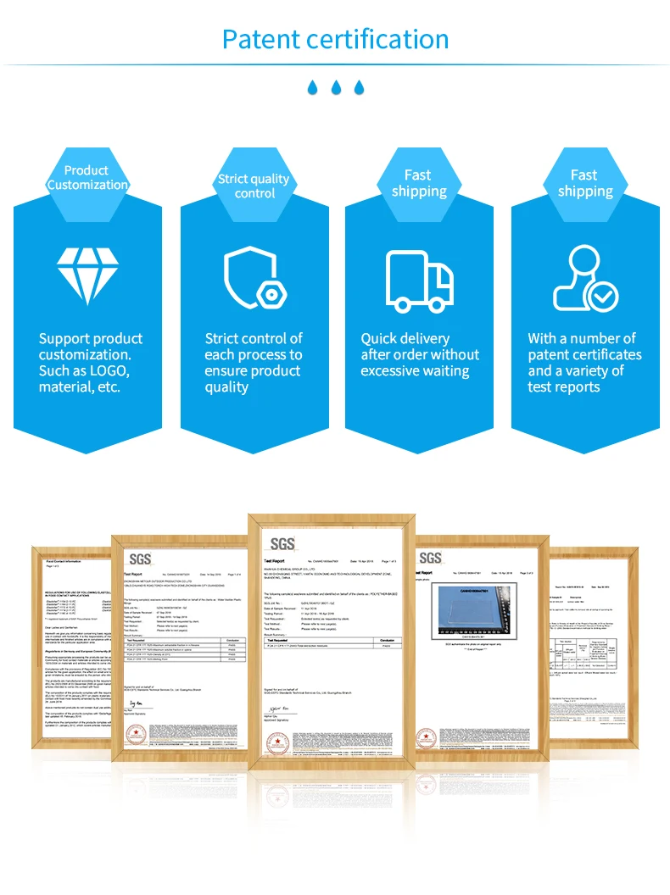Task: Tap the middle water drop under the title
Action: (336, 86)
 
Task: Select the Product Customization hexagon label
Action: (87, 178)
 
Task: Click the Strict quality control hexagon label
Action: (254, 186)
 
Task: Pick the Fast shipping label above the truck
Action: (418, 183)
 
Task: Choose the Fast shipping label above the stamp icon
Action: (584, 183)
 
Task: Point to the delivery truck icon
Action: (419, 280)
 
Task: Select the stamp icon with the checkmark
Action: (584, 278)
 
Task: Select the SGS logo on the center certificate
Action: (282, 543)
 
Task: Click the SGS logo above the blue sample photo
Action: (430, 557)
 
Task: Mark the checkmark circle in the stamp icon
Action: (605, 296)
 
